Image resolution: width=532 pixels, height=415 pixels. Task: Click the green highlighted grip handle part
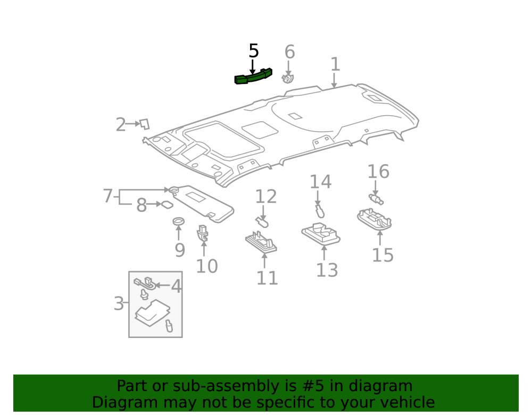253,77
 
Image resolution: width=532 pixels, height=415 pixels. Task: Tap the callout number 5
254,51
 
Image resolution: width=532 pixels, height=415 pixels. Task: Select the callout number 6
289,52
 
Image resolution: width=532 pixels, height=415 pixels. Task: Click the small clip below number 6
288,79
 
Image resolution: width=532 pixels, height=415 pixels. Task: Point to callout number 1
335,64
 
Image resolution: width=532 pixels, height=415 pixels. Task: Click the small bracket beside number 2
145,124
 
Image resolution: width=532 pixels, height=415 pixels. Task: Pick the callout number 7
108,196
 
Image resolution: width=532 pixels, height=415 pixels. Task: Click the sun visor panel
202,203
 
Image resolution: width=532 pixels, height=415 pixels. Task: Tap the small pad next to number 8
167,205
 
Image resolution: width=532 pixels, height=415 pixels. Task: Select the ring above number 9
178,221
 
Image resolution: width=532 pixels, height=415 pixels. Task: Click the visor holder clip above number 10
203,233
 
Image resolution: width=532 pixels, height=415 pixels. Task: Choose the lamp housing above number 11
261,242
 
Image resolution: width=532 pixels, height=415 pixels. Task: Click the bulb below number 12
262,222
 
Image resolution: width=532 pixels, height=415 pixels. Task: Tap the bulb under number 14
319,211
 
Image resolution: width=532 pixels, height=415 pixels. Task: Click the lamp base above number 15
375,219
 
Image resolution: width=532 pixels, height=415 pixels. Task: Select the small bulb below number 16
376,199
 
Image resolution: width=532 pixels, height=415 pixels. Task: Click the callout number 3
119,303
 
